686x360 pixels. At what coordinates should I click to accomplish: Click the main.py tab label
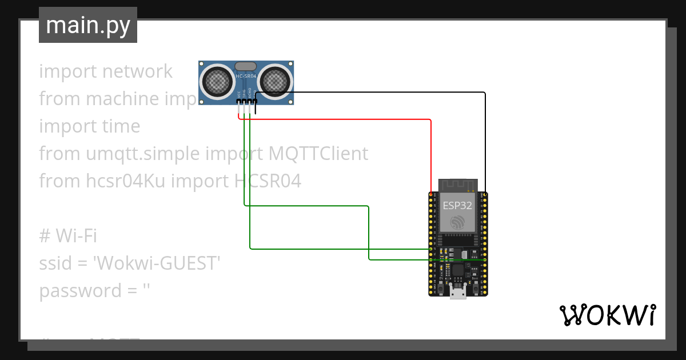point(87,26)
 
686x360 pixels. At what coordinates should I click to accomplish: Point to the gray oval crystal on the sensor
point(246,66)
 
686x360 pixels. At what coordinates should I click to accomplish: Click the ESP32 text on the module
point(457,204)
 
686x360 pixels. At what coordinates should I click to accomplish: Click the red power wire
point(343,119)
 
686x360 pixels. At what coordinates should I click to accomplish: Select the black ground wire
point(372,93)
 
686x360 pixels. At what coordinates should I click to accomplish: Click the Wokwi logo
point(607,315)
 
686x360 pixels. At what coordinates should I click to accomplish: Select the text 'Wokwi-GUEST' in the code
point(157,263)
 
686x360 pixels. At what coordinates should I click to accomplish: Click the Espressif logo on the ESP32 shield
point(457,221)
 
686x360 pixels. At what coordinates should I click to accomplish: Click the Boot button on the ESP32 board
point(476,282)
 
